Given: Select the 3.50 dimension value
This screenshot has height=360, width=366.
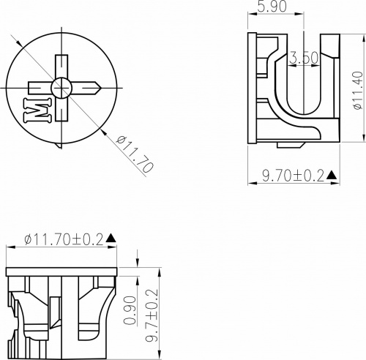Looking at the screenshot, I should click(303, 57).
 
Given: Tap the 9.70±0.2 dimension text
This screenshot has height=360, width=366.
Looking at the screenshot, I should click(293, 176).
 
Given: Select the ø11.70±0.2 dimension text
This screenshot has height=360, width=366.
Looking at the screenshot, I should click(64, 239).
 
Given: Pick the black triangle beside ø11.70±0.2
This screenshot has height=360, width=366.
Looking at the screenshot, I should click(111, 239).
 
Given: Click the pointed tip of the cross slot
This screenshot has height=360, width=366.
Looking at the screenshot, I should click(97, 88).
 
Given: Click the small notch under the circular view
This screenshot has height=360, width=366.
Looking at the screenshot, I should click(59, 145).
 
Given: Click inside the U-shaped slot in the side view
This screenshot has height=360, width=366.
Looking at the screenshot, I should click(302, 88).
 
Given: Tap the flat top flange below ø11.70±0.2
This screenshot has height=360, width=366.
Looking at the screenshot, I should click(61, 272).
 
